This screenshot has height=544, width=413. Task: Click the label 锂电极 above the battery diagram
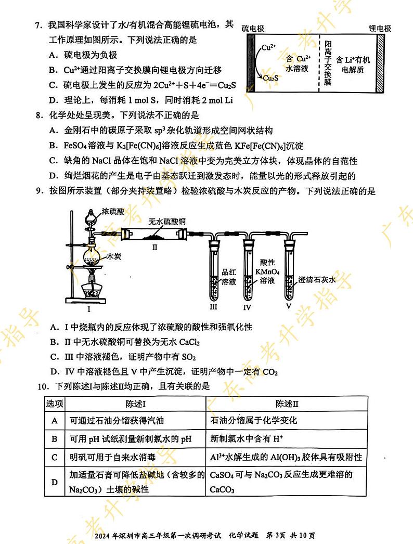click(x=380, y=29)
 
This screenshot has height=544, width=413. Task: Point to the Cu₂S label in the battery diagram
click(x=269, y=78)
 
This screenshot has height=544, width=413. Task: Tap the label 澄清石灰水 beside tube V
click(x=318, y=280)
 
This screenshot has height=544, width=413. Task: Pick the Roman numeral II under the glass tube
click(x=154, y=248)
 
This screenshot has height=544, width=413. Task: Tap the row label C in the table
click(x=54, y=457)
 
